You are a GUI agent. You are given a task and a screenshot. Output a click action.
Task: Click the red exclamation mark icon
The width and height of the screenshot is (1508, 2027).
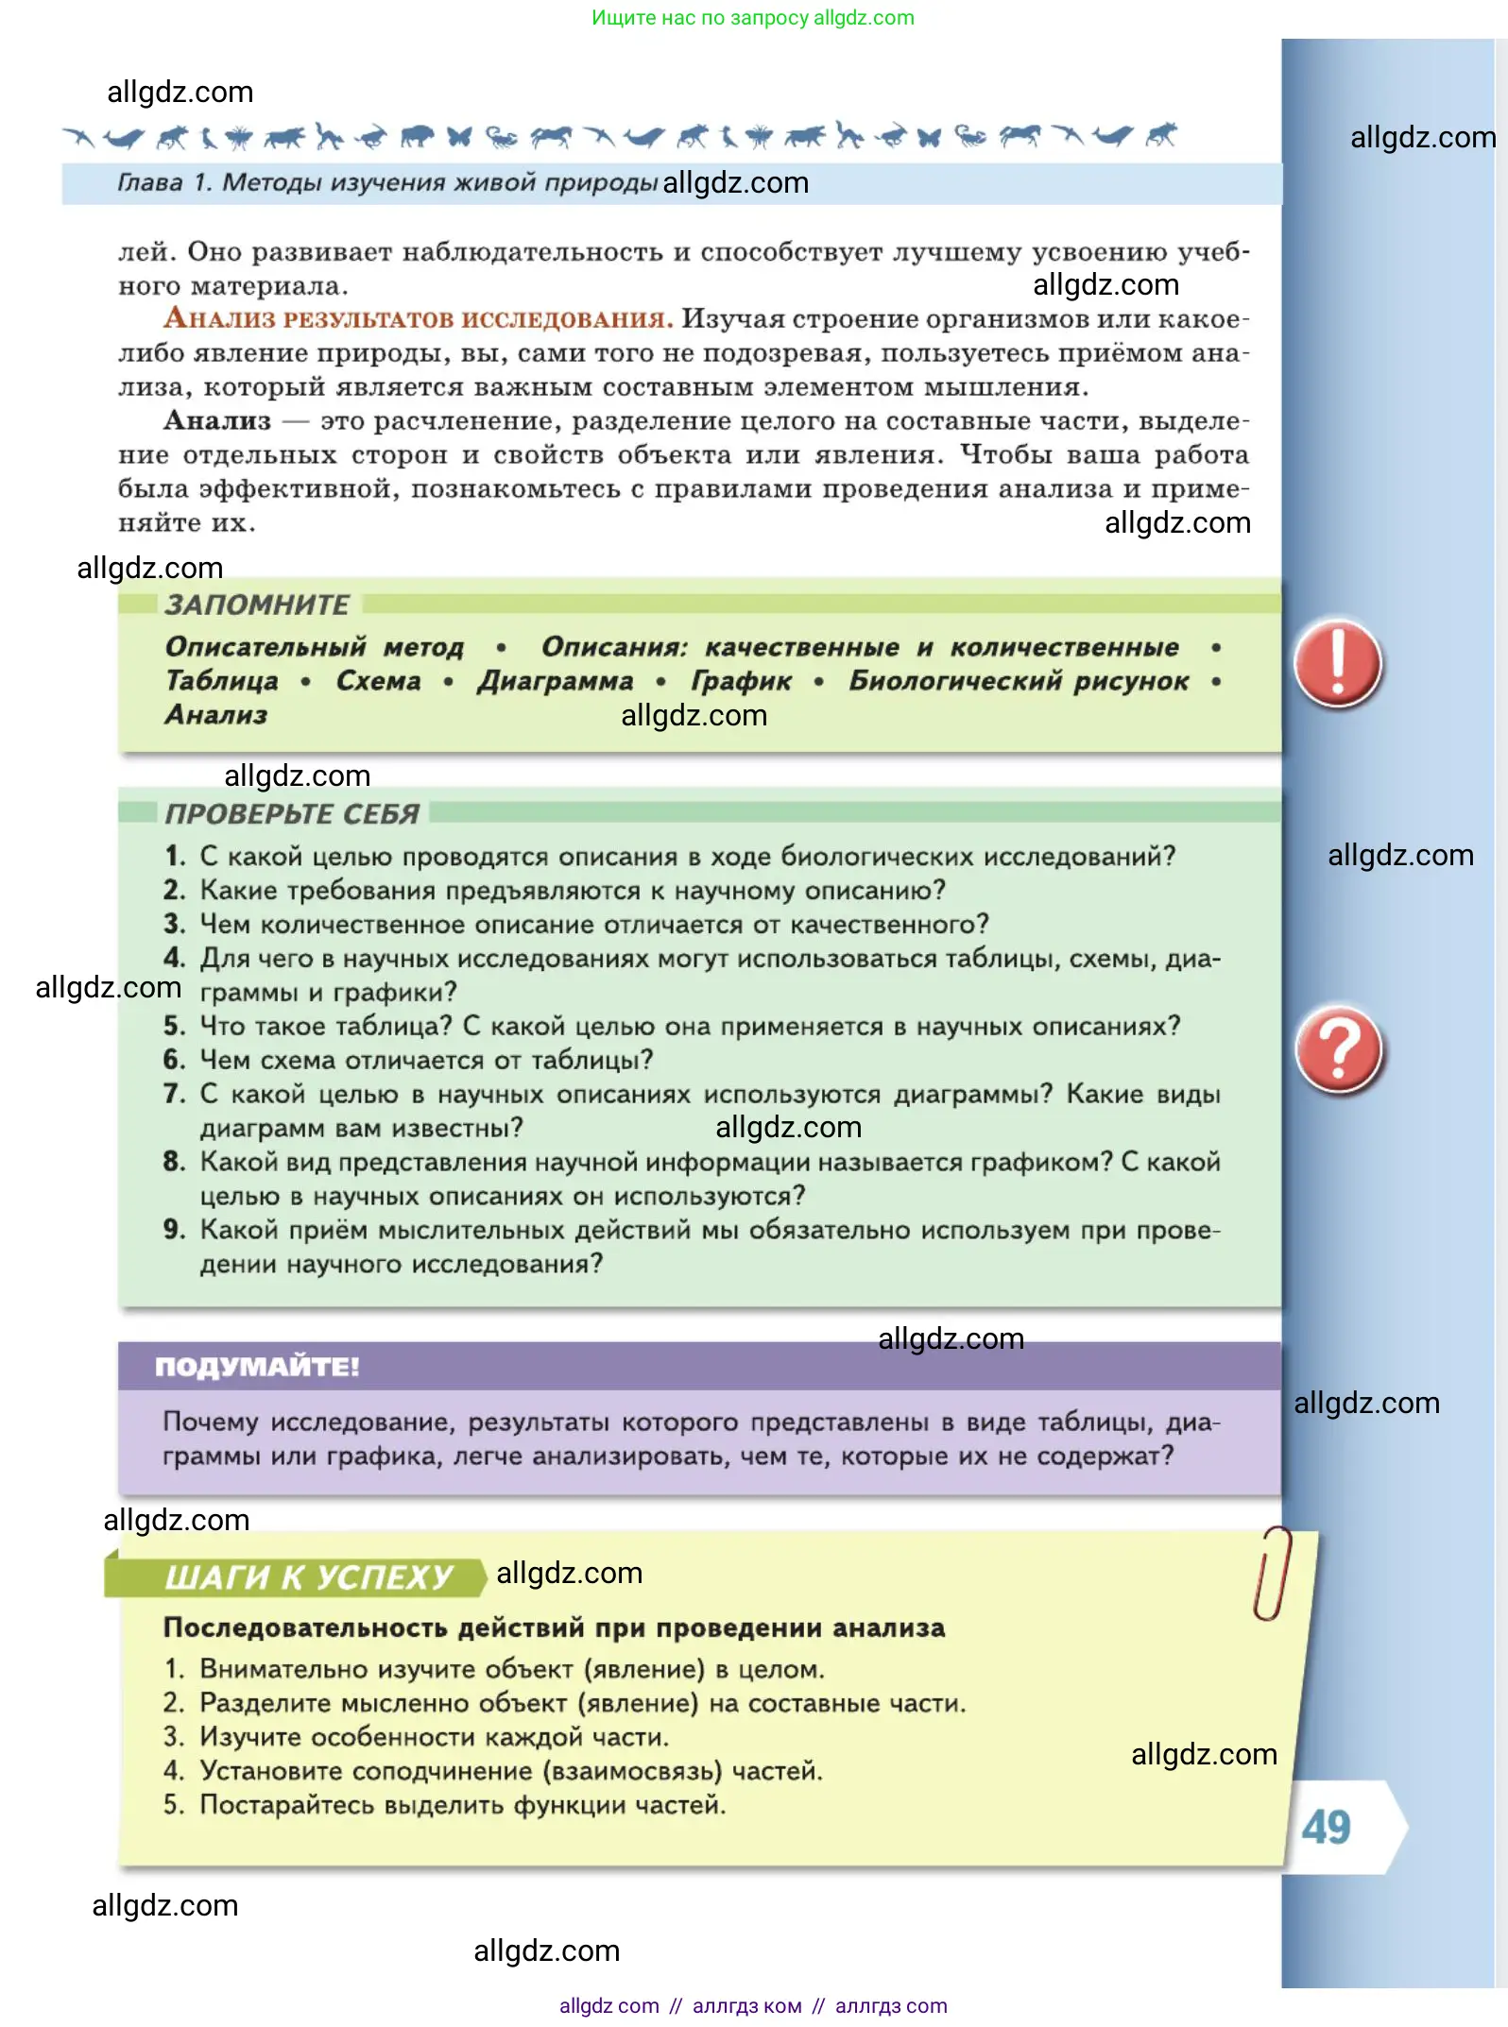pyautogui.click(x=1337, y=663)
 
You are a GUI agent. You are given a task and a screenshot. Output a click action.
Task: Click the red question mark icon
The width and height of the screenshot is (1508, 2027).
pyautogui.click(x=1339, y=1050)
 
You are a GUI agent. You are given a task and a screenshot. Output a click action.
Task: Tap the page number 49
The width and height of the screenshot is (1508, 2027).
pyautogui.click(x=1326, y=1828)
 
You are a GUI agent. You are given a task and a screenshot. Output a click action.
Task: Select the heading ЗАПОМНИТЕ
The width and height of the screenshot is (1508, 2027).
pyautogui.click(x=257, y=605)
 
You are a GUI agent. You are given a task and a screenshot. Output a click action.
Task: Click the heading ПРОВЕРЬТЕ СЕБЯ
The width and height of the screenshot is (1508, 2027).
pyautogui.click(x=292, y=814)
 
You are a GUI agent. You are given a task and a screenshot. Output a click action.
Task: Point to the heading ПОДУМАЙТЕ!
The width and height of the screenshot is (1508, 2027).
pyautogui.click(x=257, y=1367)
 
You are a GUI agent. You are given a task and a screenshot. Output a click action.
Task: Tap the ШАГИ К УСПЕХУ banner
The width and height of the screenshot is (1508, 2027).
pyautogui.click(x=308, y=1577)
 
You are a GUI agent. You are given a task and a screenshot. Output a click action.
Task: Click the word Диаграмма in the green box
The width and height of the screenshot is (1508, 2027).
pyautogui.click(x=556, y=681)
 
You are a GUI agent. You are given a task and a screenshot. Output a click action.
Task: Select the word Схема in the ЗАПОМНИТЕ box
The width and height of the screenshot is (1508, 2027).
pyautogui.click(x=378, y=681)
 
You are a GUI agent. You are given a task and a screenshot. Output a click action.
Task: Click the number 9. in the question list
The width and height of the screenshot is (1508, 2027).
pyautogui.click(x=175, y=1230)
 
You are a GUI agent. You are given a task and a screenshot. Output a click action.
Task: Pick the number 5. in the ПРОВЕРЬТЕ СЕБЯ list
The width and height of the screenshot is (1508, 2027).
pyautogui.click(x=175, y=1026)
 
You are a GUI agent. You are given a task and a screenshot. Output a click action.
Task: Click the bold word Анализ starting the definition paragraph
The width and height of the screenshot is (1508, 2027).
pyautogui.click(x=217, y=420)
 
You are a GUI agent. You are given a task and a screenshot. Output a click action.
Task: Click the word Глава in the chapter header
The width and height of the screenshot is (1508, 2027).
pyautogui.click(x=149, y=182)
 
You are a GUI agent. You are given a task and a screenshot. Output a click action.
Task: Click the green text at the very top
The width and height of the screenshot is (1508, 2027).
pyautogui.click(x=752, y=18)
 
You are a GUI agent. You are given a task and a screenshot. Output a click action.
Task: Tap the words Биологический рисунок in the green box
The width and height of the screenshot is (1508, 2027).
pyautogui.click(x=1018, y=681)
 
